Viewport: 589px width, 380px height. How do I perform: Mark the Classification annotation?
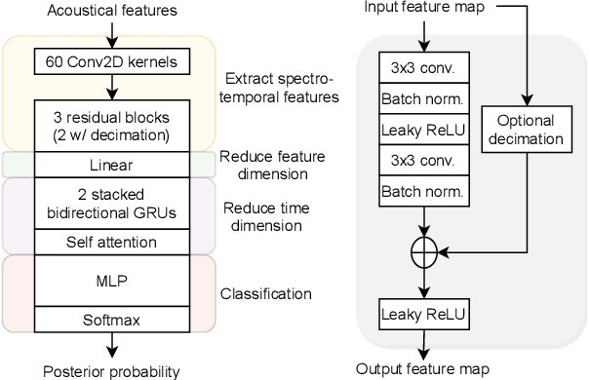coord(266,293)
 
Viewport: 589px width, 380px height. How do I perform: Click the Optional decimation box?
coord(527,130)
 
